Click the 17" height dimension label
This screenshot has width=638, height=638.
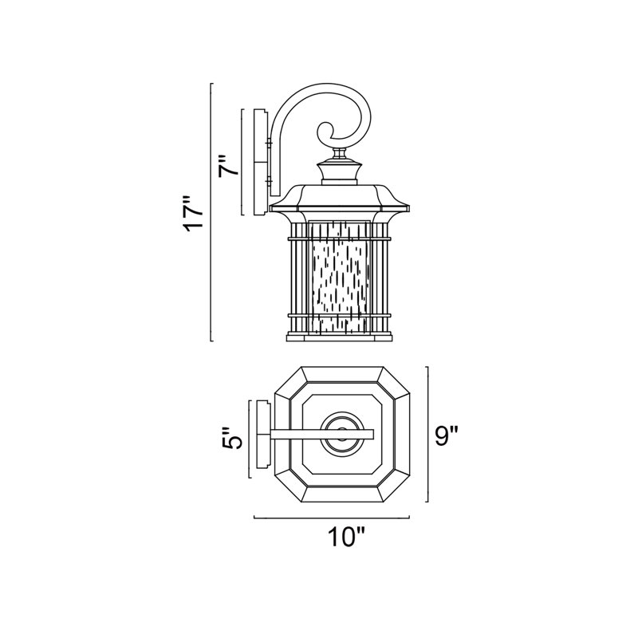point(192,214)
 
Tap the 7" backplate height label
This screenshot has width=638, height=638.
point(229,165)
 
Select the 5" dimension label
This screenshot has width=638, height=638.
point(233,438)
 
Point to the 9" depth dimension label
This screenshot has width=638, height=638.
point(447,435)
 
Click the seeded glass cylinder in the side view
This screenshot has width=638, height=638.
point(340,278)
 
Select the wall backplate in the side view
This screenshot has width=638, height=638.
point(261,162)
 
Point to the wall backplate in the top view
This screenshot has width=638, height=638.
point(262,434)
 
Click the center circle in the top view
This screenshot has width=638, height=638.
point(343,434)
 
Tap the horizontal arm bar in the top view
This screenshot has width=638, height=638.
point(321,435)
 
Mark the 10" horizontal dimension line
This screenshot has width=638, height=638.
point(332,518)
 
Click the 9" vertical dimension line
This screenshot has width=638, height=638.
point(427,434)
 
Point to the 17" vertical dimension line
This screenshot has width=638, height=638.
point(211,212)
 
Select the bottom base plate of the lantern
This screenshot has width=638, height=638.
point(340,337)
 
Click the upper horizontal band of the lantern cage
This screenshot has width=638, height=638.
point(340,238)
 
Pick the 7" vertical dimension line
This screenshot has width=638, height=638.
point(242,162)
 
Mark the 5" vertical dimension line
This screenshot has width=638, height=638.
point(250,439)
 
